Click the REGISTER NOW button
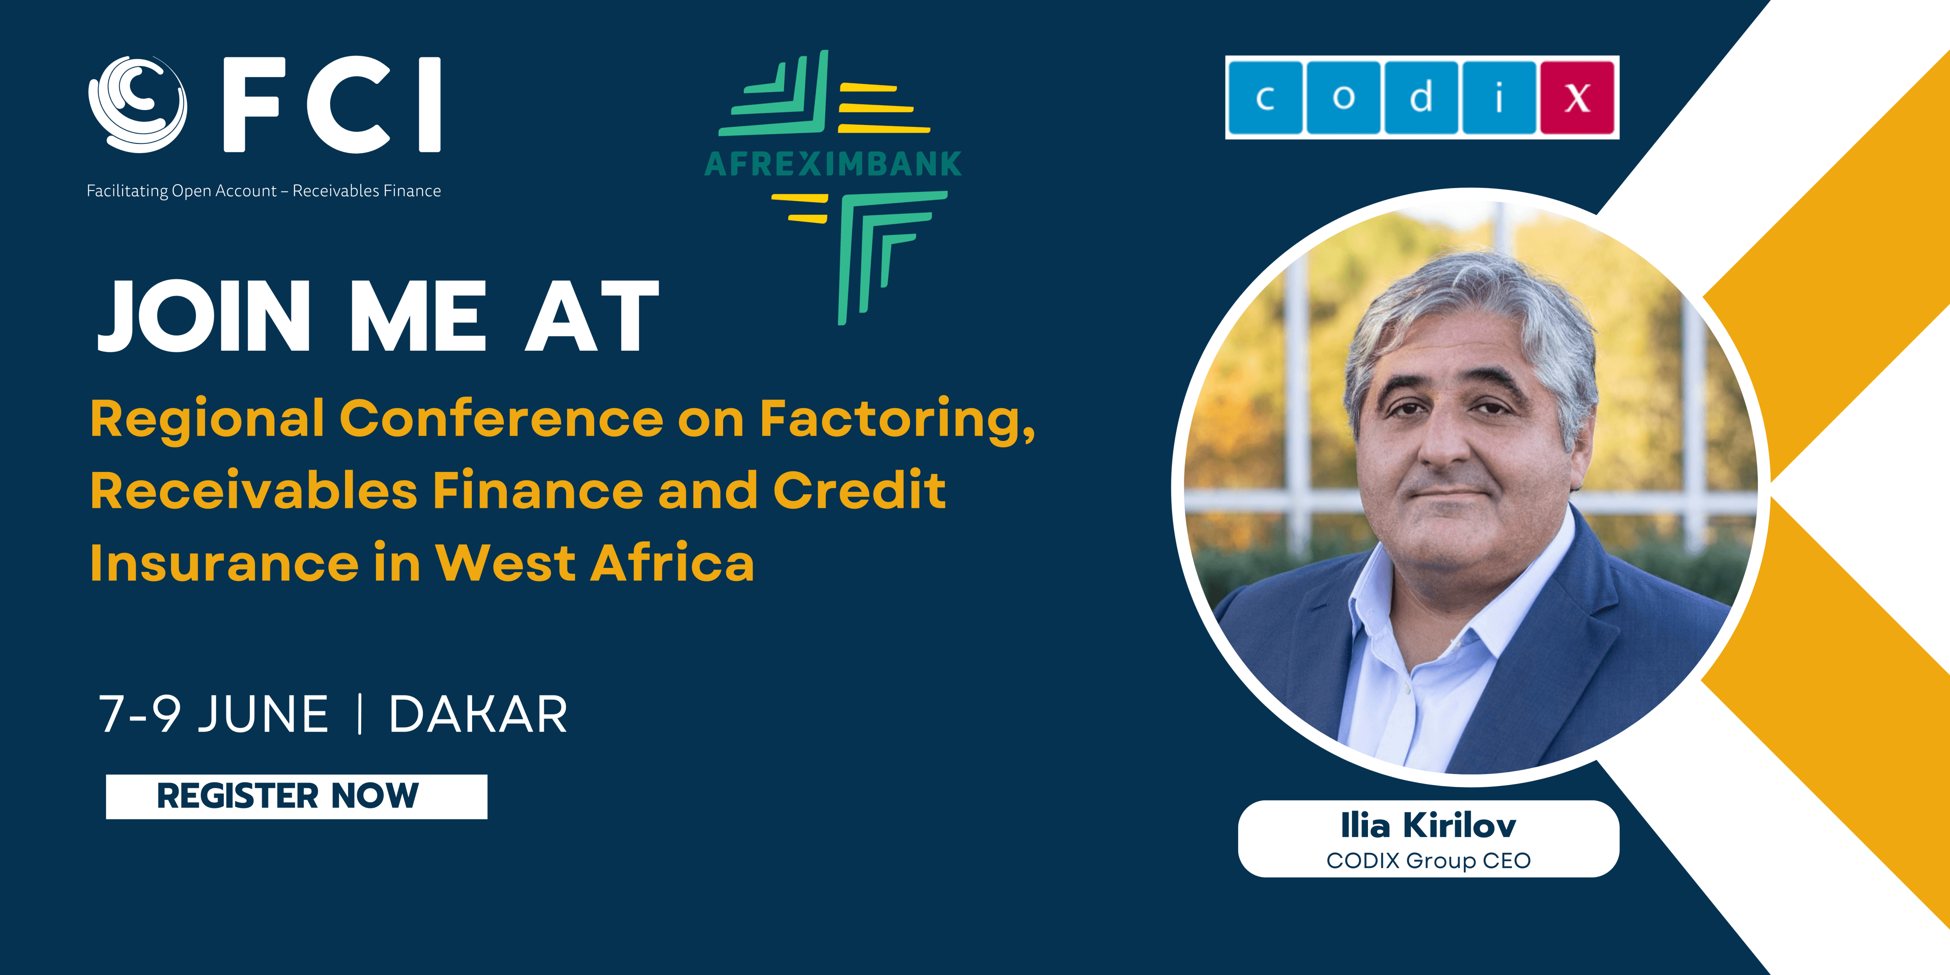(x=296, y=796)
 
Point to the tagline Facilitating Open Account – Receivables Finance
(x=264, y=191)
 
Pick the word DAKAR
(x=478, y=715)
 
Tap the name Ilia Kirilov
(x=1428, y=825)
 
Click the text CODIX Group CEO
(x=1428, y=861)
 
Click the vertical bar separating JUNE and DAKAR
(x=360, y=715)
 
